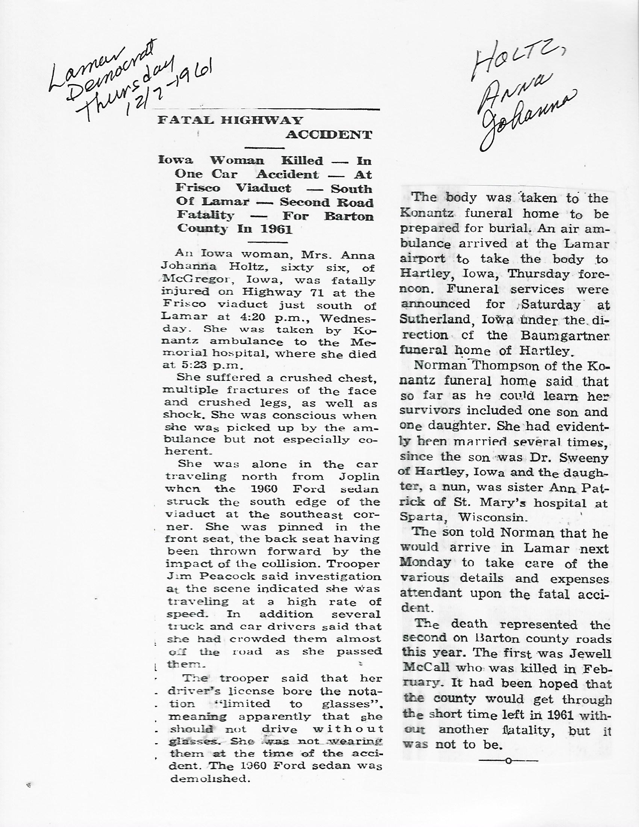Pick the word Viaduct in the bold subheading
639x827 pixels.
point(263,188)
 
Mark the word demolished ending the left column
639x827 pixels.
point(210,779)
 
